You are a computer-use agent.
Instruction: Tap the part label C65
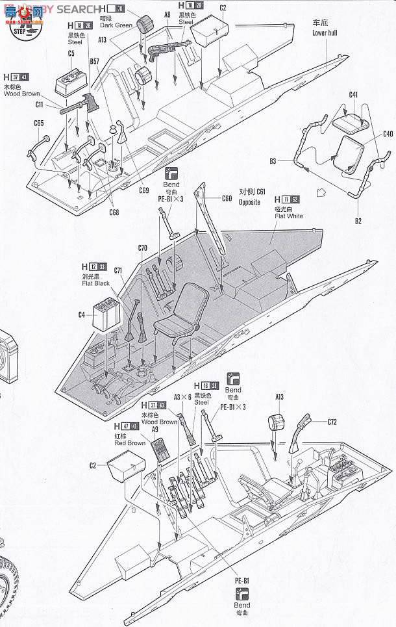[x=38, y=123]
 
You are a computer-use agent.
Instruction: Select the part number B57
[x=94, y=62]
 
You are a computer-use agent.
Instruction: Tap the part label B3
[x=273, y=160]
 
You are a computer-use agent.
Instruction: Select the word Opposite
[x=249, y=202]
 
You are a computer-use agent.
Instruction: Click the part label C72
[x=332, y=422]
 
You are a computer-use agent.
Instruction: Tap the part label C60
[x=226, y=199]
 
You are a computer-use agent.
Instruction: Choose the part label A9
[x=155, y=429]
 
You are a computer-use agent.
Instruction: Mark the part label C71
[x=118, y=270]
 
